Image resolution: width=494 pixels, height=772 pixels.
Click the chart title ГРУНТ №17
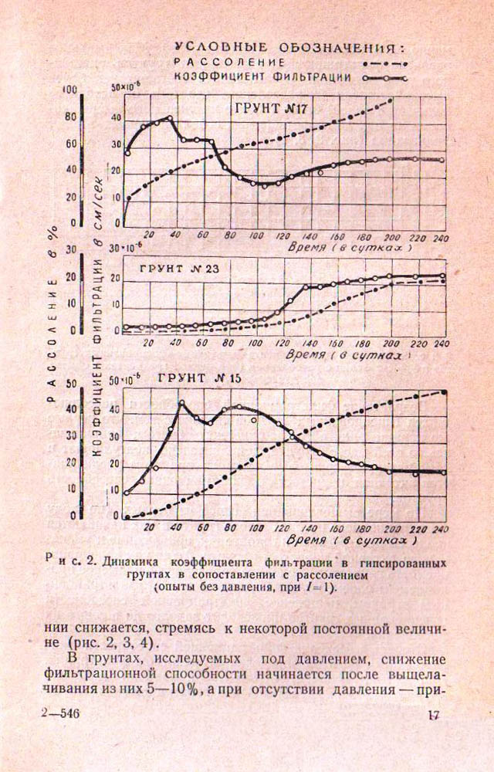(x=270, y=108)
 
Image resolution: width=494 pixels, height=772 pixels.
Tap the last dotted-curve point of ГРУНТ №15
(x=445, y=392)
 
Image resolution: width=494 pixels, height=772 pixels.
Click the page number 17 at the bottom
(x=432, y=716)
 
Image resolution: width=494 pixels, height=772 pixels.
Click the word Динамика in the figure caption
(x=128, y=561)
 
